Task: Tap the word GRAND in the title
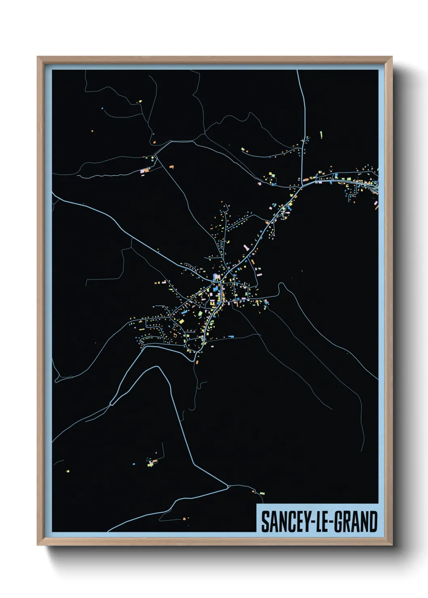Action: click(x=356, y=522)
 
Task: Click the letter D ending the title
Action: click(x=373, y=522)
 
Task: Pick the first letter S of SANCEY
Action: click(x=265, y=522)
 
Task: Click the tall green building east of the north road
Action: click(x=321, y=134)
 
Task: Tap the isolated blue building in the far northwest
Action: click(x=102, y=108)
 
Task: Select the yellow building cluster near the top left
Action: click(x=140, y=101)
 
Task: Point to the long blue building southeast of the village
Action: click(x=231, y=336)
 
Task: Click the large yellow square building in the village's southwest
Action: click(x=182, y=322)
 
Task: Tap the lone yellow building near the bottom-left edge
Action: click(x=68, y=471)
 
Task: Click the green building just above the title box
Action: click(x=262, y=493)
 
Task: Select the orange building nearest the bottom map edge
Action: click(x=184, y=518)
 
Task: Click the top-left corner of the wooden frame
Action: click(x=38, y=57)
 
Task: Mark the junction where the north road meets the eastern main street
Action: click(x=302, y=186)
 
